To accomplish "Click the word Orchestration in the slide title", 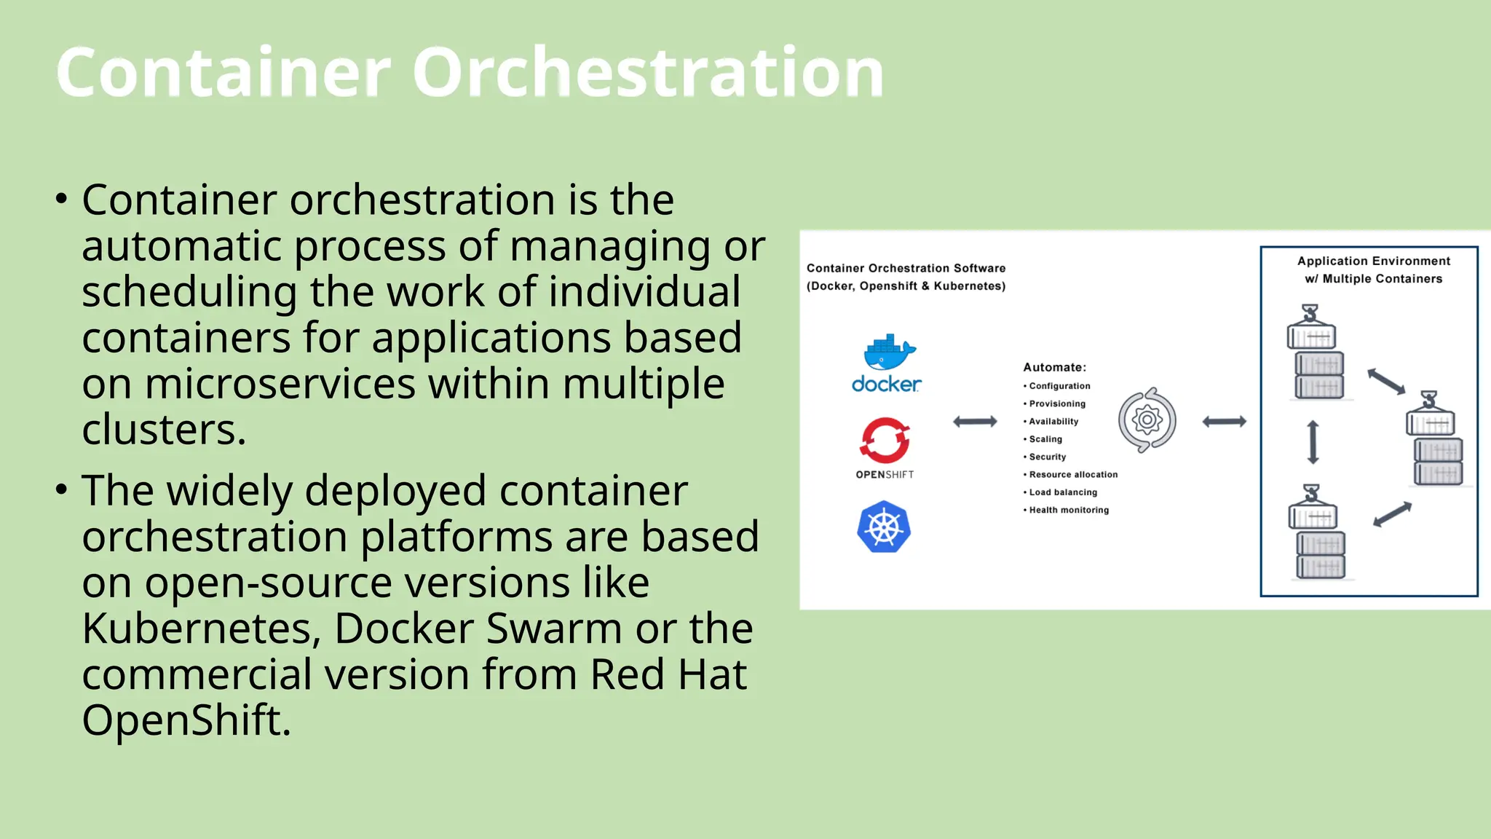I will [648, 73].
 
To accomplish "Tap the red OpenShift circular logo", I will [885, 441].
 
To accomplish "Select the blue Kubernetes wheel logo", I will [884, 527].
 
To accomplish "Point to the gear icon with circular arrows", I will [1147, 420].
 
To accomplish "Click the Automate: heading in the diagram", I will [1054, 367].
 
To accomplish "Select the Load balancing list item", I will [1062, 492].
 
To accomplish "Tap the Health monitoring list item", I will [1068, 510].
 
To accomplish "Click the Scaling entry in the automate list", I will [1045, 439].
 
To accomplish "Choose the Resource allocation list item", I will [1072, 475].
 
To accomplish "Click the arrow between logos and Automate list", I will [975, 422].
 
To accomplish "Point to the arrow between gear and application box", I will [1224, 422].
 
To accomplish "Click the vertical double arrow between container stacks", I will [1313, 442].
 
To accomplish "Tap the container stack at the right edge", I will [1435, 441].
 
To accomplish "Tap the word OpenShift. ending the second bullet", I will [186, 720].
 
